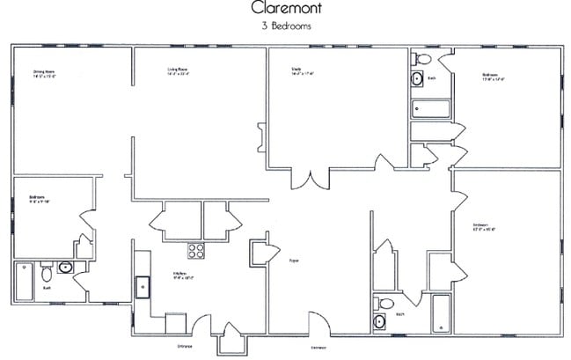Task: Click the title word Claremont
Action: click(x=286, y=9)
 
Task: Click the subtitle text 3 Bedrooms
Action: click(x=286, y=26)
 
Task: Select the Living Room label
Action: click(x=179, y=72)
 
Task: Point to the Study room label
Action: click(x=303, y=71)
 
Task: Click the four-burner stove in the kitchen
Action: click(x=195, y=250)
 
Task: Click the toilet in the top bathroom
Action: click(x=422, y=59)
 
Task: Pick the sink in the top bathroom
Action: click(x=416, y=79)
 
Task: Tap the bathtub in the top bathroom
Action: click(x=431, y=110)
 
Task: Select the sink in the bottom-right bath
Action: click(x=380, y=322)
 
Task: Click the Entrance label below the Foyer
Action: click(x=318, y=347)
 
